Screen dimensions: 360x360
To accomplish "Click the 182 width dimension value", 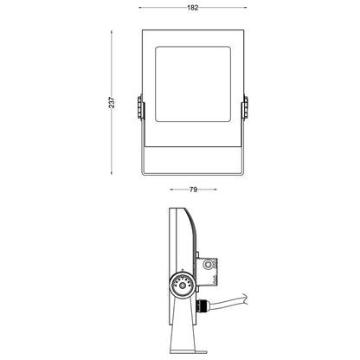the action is pyautogui.click(x=193, y=8).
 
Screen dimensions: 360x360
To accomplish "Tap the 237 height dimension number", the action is pyautogui.click(x=112, y=102).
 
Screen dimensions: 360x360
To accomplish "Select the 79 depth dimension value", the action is pyautogui.click(x=193, y=190).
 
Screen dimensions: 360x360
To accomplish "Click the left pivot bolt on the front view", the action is pyautogui.click(x=140, y=107).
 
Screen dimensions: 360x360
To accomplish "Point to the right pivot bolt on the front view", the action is pyautogui.click(x=245, y=107).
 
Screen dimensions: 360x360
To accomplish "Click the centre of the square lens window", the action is pyautogui.click(x=193, y=84).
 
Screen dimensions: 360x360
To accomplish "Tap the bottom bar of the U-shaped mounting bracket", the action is pyautogui.click(x=193, y=174).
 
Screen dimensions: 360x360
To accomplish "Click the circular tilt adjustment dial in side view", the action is pyautogui.click(x=183, y=286).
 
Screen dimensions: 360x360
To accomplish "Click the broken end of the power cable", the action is pyautogui.click(x=245, y=299).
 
